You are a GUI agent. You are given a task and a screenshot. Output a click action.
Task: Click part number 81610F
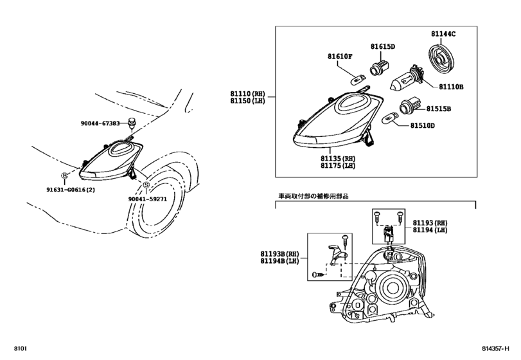[340, 56]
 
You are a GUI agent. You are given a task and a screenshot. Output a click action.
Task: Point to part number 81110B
[451, 85]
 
